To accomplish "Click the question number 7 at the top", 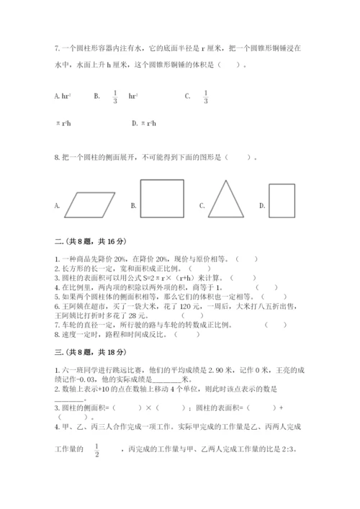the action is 56,48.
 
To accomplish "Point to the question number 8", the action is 56,157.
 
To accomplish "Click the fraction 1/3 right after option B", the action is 115,95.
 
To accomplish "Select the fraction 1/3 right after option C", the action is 205,95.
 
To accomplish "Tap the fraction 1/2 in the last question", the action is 96,450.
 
